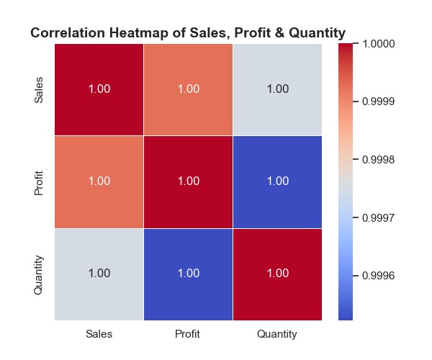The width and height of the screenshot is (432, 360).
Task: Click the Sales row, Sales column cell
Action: point(99,89)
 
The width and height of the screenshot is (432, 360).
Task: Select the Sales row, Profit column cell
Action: point(188,89)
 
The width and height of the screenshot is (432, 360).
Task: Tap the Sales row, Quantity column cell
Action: point(277,89)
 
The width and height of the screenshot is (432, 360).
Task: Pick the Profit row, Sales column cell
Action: point(99,182)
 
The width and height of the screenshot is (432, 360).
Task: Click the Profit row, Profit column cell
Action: point(188,182)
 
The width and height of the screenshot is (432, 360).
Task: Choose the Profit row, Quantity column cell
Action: point(277,182)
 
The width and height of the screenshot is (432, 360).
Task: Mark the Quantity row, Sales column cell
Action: point(99,274)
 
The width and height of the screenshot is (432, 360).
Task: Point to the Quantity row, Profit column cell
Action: point(188,274)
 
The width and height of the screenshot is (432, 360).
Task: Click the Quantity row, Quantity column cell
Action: point(277,274)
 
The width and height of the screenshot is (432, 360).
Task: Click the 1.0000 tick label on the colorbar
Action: point(378,44)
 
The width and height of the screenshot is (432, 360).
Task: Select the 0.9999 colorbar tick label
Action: point(378,102)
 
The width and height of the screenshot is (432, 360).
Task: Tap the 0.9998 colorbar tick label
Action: point(378,159)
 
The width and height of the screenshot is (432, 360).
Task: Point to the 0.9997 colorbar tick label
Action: point(378,218)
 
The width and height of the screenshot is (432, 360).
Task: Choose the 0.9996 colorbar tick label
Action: point(378,276)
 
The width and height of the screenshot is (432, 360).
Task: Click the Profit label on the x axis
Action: point(187,334)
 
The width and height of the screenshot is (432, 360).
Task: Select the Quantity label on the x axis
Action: point(277,334)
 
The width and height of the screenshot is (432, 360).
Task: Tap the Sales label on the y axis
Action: point(39,90)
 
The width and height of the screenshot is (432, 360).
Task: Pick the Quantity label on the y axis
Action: point(39,274)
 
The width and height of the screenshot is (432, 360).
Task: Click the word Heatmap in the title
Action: point(138,33)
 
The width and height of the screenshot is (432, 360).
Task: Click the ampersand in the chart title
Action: point(279,33)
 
